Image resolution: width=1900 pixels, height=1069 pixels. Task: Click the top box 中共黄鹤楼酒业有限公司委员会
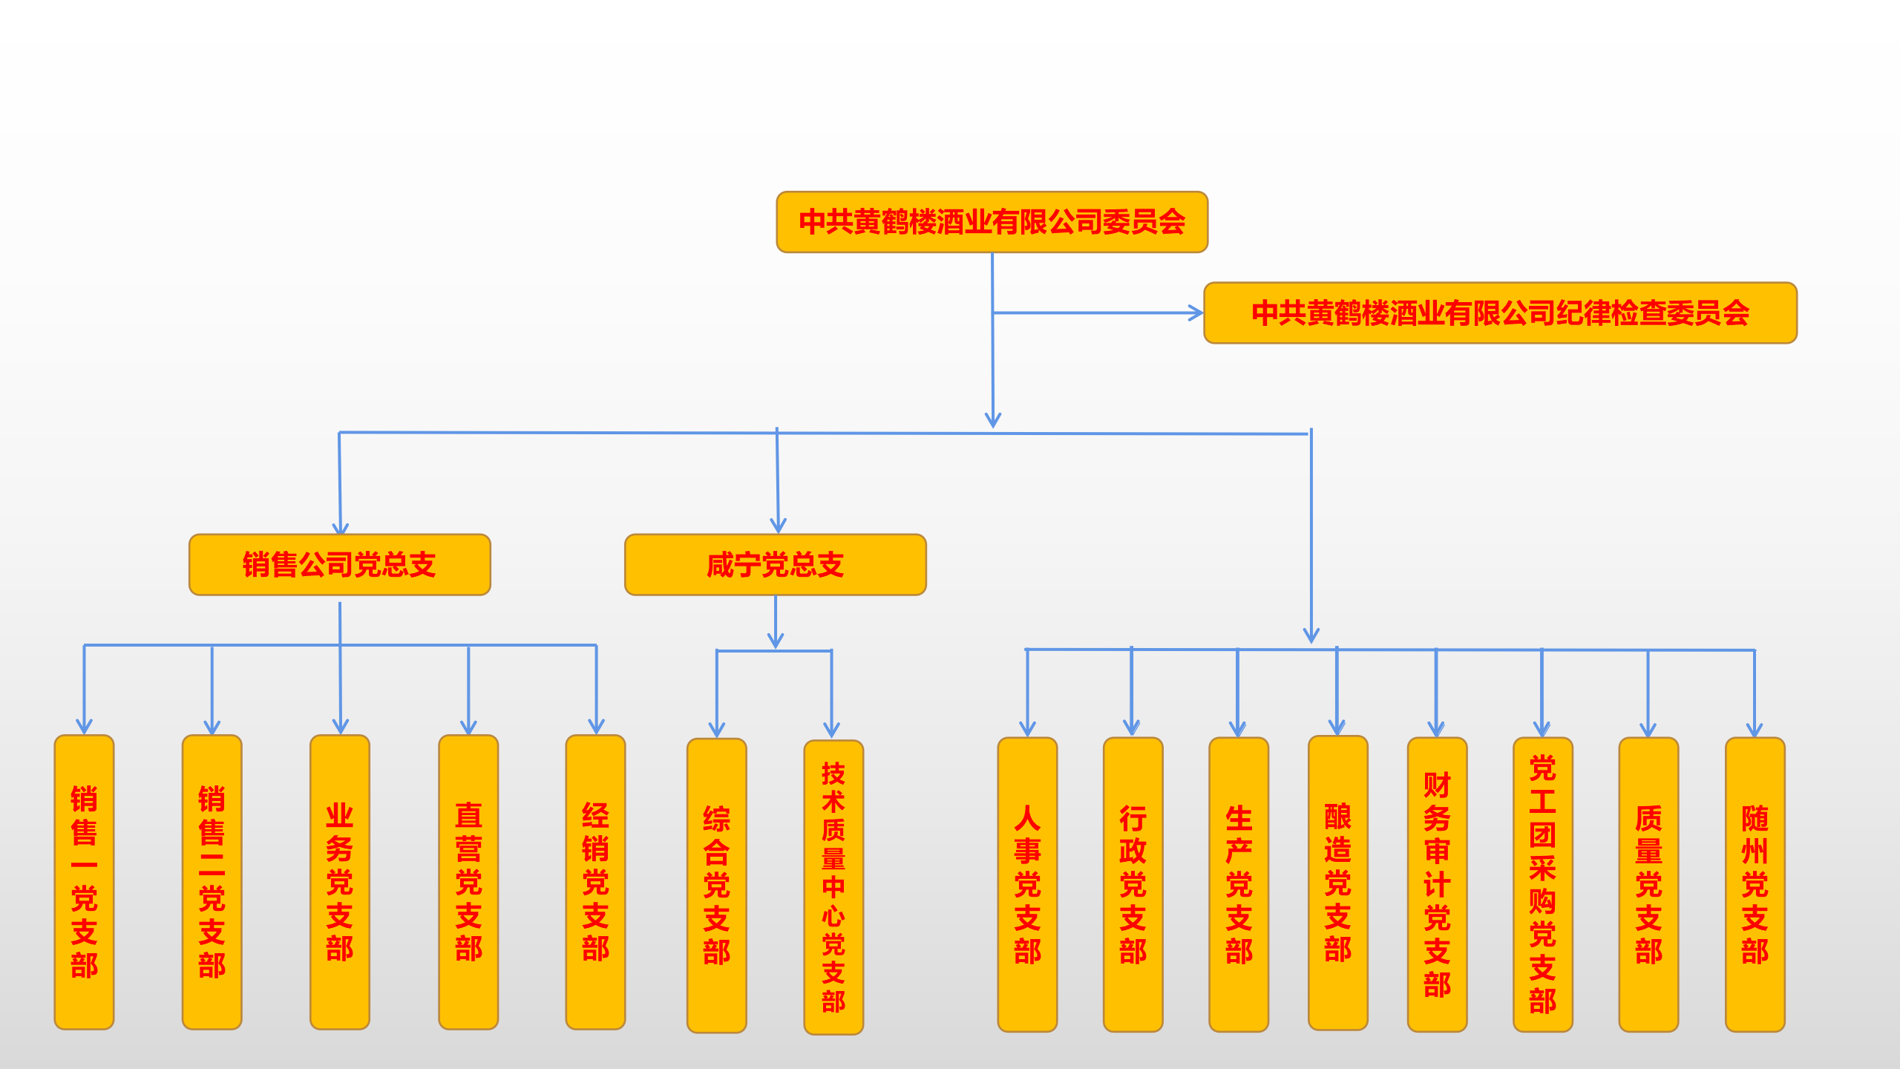tap(992, 222)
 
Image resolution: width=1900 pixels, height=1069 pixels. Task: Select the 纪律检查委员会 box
tap(1500, 313)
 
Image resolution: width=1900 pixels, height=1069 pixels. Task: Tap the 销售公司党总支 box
tap(339, 565)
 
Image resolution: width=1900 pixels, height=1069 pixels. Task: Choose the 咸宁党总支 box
tap(775, 565)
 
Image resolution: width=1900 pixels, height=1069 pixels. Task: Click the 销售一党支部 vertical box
tap(84, 882)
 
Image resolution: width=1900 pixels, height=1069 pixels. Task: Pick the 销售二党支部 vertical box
tap(212, 882)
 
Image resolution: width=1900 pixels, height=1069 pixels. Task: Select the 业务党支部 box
tap(339, 882)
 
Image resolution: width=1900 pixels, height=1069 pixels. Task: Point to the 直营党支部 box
tap(468, 882)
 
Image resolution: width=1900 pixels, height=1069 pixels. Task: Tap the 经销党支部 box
tap(595, 882)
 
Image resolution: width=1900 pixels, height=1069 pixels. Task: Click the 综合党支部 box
tap(716, 885)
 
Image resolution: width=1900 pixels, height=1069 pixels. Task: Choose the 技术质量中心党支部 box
tap(833, 887)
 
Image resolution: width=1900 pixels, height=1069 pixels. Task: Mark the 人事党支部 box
tap(1027, 884)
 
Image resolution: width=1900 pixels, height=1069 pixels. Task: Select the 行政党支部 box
tap(1133, 884)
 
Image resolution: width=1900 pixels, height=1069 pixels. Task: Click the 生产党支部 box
tap(1239, 884)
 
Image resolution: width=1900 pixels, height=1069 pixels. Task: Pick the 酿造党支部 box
tap(1337, 883)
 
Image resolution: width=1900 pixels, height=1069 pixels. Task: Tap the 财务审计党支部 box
tap(1437, 884)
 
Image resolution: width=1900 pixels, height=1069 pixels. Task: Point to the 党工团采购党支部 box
tap(1542, 884)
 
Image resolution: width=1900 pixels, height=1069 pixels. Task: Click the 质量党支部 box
tap(1648, 884)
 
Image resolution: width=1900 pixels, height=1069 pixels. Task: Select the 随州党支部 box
tap(1755, 884)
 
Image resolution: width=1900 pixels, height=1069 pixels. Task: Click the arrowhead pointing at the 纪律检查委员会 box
tap(1196, 313)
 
